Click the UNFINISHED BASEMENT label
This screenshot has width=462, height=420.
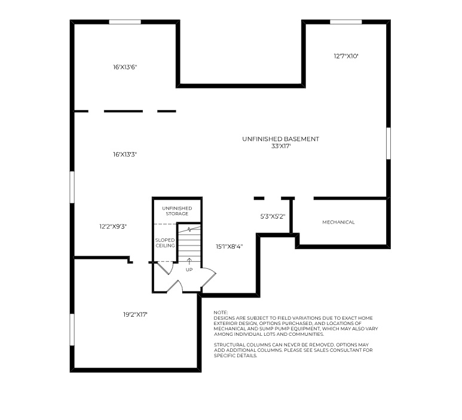[x=280, y=139]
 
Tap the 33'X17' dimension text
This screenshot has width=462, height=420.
[x=280, y=146]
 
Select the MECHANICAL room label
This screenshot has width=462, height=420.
[x=338, y=222]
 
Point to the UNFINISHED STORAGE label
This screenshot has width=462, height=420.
[x=176, y=211]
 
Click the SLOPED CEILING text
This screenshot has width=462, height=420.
[x=165, y=243]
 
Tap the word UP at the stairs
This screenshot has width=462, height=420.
[x=189, y=269]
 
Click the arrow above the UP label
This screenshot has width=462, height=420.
[x=189, y=262]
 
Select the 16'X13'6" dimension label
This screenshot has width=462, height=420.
[x=126, y=68]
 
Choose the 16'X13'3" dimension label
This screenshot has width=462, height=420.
[x=126, y=154]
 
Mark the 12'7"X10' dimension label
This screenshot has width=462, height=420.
[x=346, y=56]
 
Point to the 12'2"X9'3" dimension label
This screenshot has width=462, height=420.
[x=113, y=226]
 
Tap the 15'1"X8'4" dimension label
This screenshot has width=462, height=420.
[x=229, y=246]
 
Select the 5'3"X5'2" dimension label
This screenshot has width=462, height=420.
[x=273, y=217]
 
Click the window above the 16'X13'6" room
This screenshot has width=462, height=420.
[x=125, y=22]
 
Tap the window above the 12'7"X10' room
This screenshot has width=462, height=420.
[x=346, y=22]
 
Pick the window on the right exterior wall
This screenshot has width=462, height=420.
[x=388, y=143]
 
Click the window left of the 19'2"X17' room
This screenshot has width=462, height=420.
[x=73, y=329]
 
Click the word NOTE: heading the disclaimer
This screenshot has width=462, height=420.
[x=221, y=312]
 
